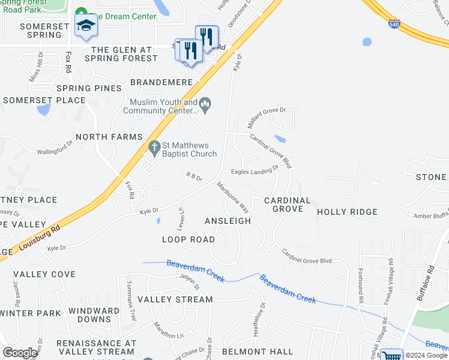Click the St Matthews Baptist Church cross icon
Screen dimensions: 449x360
[x=154, y=146]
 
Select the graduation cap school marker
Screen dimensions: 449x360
[x=86, y=26]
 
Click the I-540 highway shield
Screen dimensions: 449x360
[x=394, y=25]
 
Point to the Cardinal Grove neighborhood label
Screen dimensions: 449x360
[x=288, y=205]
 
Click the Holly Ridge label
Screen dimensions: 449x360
[x=347, y=212]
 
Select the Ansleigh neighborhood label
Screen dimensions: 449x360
[x=228, y=221]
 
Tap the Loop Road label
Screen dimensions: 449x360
[x=188, y=239]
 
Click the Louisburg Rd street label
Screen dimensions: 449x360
[x=40, y=238]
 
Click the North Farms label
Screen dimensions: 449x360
[x=109, y=137]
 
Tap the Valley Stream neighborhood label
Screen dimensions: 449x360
[x=175, y=299]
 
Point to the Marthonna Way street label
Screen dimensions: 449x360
[x=233, y=197]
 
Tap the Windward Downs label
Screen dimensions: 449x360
[x=94, y=315]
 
